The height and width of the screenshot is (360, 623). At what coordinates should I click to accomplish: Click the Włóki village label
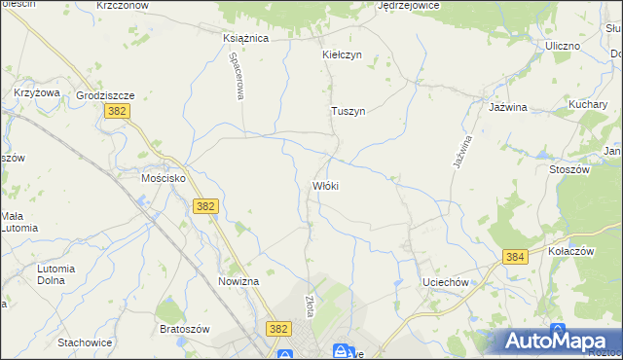(x=325, y=185)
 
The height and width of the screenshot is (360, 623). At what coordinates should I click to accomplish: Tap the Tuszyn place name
(x=348, y=111)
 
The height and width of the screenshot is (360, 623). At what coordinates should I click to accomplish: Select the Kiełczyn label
(x=342, y=55)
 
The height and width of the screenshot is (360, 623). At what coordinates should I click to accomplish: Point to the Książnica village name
(x=245, y=38)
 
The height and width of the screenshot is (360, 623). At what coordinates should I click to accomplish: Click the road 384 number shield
(x=515, y=256)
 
